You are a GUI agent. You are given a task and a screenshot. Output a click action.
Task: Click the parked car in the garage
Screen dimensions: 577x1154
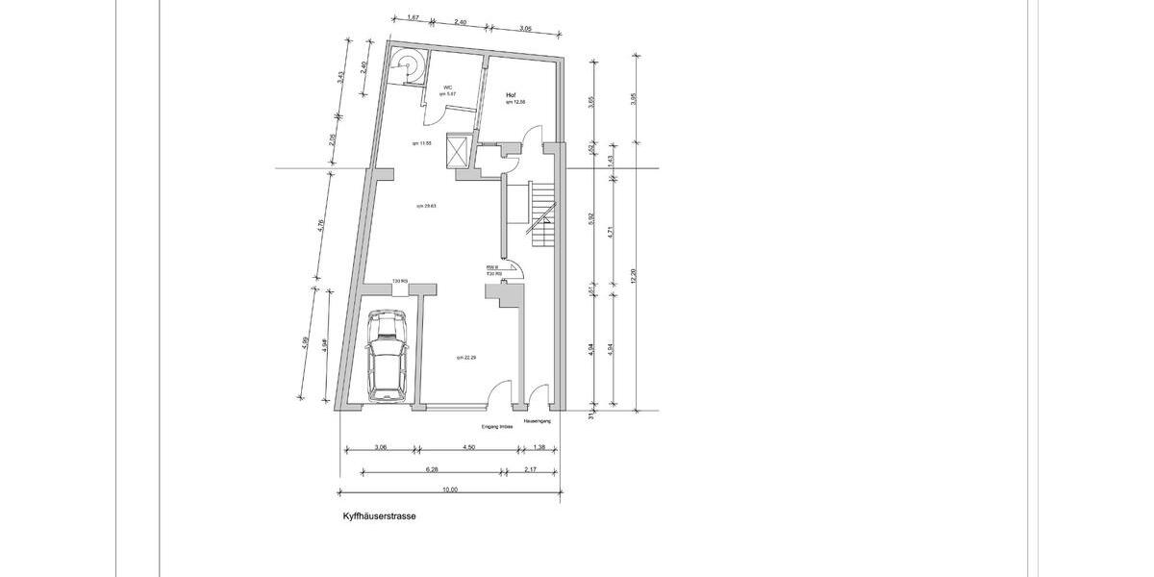pos(388,356)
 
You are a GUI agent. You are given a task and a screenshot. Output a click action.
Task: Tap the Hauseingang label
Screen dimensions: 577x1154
pos(537,421)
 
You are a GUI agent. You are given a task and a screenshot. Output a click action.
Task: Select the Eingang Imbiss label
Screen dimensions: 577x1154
pos(489,426)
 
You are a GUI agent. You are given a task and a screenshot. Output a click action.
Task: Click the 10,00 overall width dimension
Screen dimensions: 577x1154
pos(450,489)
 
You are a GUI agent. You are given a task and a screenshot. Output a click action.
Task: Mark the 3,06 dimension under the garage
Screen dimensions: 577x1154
pos(380,447)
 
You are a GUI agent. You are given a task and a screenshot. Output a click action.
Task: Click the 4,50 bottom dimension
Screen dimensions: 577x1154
pos(468,447)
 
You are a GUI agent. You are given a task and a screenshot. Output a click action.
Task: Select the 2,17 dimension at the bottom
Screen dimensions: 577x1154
pos(532,468)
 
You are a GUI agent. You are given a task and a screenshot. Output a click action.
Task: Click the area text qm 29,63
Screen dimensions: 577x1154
pos(426,205)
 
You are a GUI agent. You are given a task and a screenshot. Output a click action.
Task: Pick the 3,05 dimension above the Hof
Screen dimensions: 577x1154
pos(525,29)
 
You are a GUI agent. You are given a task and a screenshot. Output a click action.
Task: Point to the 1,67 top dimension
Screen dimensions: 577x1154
pos(413,17)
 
